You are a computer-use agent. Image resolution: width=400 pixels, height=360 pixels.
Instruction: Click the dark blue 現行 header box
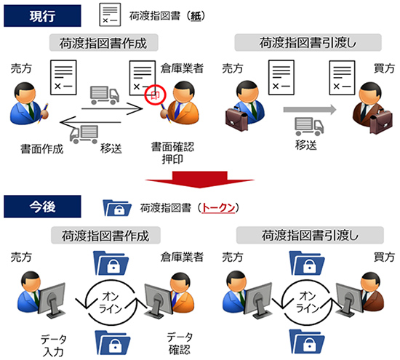(x=42, y=16)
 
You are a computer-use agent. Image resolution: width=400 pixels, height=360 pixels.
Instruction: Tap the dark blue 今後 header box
(x=42, y=207)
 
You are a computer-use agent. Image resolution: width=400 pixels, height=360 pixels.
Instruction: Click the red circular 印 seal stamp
(x=155, y=95)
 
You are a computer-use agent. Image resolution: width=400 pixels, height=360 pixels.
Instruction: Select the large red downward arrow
(x=200, y=180)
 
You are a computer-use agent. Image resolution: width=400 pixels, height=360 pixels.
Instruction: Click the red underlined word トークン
(x=218, y=208)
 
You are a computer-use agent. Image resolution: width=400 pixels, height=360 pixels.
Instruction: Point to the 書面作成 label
(x=42, y=149)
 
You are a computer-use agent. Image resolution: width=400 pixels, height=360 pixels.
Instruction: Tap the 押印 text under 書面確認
(x=172, y=159)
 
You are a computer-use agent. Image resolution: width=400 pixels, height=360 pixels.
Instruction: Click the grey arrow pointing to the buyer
(x=310, y=109)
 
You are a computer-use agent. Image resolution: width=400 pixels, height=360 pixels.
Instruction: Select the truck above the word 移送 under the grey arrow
(x=309, y=127)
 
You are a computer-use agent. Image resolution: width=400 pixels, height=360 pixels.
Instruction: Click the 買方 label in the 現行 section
(x=384, y=68)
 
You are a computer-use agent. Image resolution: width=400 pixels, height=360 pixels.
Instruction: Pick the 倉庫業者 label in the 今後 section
(x=182, y=257)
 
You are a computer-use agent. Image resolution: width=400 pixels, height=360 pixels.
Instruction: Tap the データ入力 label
(x=54, y=345)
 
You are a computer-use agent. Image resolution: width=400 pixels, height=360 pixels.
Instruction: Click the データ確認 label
(x=180, y=343)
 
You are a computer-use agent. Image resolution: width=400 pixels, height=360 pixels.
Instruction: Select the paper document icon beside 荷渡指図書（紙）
(x=110, y=15)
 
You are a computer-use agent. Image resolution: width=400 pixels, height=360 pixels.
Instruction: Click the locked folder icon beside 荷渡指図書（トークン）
(x=117, y=208)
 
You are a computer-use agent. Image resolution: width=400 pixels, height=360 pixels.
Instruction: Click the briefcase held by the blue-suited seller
(x=236, y=119)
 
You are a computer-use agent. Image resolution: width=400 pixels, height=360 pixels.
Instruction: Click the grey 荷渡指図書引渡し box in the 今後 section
(x=310, y=235)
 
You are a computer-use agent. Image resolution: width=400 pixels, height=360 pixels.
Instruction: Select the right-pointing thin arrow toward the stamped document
(x=112, y=109)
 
